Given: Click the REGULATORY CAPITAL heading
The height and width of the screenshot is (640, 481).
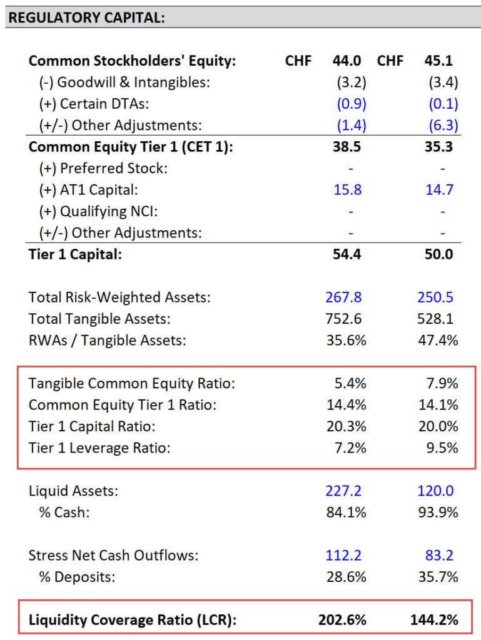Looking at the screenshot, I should (x=86, y=17).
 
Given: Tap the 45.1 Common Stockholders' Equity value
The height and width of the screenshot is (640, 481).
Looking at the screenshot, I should (x=442, y=61).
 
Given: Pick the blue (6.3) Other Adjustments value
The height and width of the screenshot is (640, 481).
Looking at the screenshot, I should (x=443, y=125).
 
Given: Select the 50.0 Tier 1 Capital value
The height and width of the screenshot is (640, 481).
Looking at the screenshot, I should (x=442, y=254).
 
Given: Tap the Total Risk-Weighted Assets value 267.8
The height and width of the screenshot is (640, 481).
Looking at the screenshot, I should (x=343, y=297).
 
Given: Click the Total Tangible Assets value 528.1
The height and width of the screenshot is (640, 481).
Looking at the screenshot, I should (x=438, y=319).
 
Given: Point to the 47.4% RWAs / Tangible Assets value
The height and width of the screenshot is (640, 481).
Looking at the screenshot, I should (x=438, y=341).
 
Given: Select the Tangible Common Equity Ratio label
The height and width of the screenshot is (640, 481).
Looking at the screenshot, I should (x=132, y=384).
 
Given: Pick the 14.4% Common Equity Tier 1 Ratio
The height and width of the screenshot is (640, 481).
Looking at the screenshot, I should (x=347, y=405).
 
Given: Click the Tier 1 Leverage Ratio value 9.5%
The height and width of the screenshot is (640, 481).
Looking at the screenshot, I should (x=442, y=447).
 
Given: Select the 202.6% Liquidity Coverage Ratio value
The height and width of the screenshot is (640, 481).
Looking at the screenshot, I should (x=342, y=620).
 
